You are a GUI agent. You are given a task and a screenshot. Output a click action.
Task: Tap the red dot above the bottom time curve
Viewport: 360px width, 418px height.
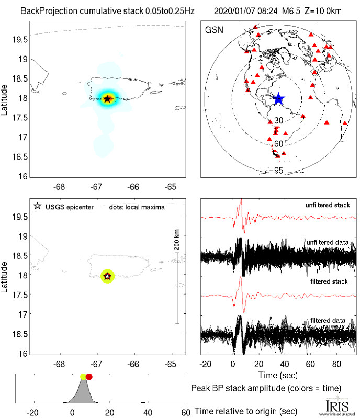(x=89, y=377)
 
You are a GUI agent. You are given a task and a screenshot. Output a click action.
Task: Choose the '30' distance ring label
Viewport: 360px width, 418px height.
(x=278, y=121)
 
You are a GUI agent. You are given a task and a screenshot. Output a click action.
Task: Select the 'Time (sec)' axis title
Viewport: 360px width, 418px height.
(x=278, y=376)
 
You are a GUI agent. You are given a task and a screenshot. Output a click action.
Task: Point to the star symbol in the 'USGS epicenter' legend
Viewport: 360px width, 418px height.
(x=37, y=207)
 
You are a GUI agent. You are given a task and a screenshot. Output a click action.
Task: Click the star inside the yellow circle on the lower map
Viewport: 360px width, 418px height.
(x=107, y=276)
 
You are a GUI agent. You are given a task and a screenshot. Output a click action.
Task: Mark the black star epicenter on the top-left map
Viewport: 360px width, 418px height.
(x=108, y=99)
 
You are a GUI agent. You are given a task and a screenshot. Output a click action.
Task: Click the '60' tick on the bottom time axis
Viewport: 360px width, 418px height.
(x=185, y=412)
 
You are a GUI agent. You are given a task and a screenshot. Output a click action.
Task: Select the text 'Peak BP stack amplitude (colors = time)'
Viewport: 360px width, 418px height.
(x=267, y=388)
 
